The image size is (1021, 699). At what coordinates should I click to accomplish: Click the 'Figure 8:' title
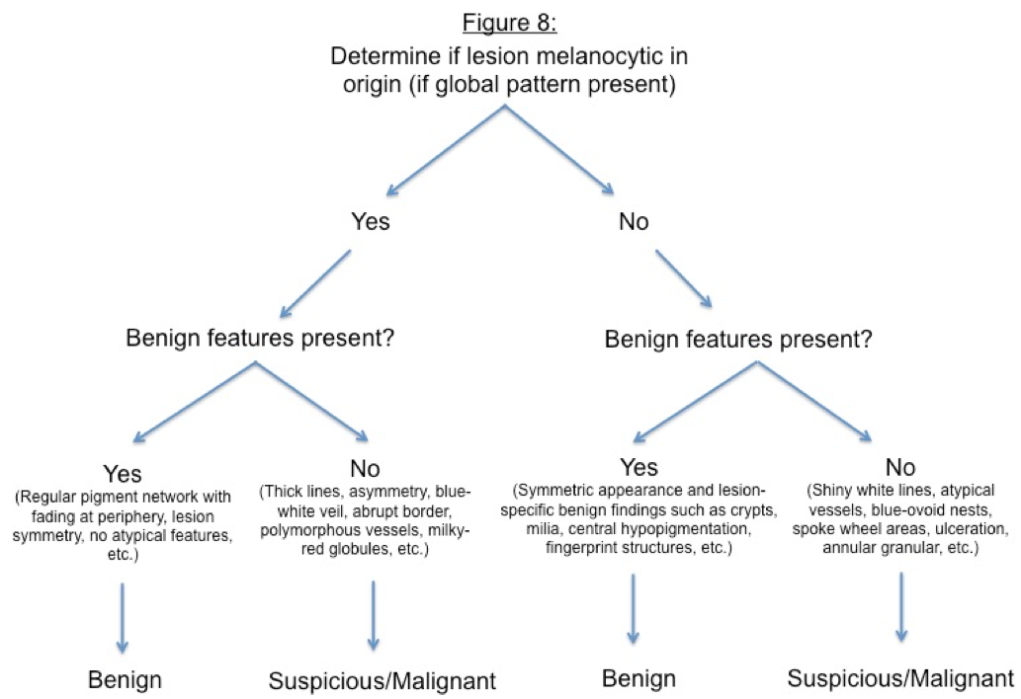[510, 23]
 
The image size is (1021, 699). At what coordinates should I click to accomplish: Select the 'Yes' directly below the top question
[371, 221]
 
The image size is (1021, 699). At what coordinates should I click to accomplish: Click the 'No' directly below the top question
[634, 222]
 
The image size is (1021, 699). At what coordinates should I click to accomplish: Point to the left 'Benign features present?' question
[260, 338]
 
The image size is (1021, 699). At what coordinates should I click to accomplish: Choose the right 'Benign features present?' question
[737, 339]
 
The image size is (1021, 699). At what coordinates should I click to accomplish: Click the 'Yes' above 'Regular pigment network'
[123, 473]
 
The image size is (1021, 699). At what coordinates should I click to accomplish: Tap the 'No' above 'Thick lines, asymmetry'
[366, 468]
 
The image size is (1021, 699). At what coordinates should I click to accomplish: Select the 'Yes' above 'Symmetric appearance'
[638, 467]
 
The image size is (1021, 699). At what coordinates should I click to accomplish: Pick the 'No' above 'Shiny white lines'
[900, 467]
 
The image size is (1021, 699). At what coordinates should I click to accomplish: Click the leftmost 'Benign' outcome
[125, 679]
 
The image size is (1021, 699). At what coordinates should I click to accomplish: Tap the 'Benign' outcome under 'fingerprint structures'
[638, 678]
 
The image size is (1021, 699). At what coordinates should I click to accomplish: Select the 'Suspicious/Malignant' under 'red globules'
[383, 681]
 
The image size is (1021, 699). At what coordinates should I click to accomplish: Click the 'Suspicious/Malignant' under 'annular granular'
[900, 678]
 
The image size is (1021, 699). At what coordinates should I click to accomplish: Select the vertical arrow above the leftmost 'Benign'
[122, 617]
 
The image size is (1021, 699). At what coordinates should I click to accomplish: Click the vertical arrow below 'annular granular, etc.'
[901, 606]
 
